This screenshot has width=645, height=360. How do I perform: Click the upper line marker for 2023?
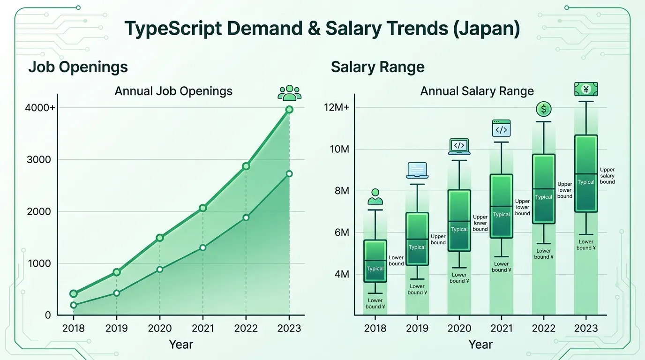289,109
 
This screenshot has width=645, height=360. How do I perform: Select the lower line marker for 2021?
203,247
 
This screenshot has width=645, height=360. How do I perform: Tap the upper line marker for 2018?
74,294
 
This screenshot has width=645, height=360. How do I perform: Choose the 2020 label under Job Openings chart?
160,328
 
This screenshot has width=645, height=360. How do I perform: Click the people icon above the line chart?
289,93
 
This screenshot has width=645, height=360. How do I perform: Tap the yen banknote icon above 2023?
586,89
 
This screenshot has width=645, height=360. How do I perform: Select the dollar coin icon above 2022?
543,110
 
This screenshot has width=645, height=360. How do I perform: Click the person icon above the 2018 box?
375,197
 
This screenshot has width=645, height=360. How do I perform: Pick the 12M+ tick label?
336,108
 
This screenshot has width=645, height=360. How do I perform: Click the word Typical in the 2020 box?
459,229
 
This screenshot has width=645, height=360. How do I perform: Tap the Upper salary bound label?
607,176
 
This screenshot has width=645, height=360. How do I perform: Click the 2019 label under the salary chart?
417,328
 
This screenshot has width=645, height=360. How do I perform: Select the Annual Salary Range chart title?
477,91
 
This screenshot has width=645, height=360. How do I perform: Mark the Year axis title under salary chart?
480,345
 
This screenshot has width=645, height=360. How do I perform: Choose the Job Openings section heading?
78,67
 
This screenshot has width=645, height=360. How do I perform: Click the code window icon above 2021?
501,128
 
